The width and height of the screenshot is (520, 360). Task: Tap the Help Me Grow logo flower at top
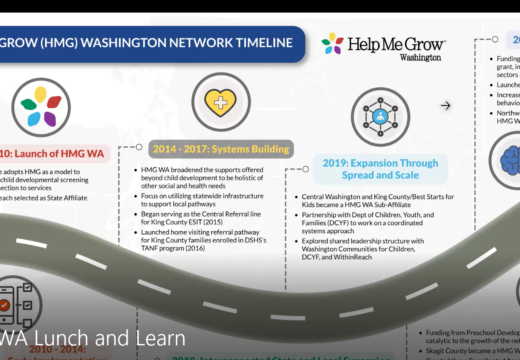[x=332, y=44]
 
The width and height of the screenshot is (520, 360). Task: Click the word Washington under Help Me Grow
[x=391, y=57]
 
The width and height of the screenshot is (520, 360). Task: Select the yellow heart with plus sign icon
[x=219, y=105]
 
